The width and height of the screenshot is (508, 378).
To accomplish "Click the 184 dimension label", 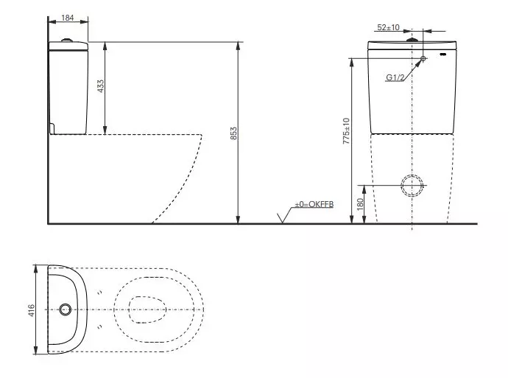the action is click(x=68, y=18).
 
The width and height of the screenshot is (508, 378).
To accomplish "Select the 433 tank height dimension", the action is click(x=101, y=86).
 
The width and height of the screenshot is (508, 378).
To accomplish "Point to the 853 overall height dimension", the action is click(x=233, y=133).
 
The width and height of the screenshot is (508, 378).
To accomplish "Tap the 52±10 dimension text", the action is click(x=389, y=27).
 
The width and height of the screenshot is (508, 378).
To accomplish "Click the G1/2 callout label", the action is click(x=395, y=77).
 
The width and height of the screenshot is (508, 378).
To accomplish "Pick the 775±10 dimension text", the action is click(x=346, y=131).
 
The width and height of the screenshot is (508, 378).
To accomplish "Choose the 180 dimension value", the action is click(x=360, y=204).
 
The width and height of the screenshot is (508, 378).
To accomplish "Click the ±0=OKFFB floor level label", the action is click(x=314, y=204).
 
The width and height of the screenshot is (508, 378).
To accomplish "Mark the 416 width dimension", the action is click(x=31, y=310).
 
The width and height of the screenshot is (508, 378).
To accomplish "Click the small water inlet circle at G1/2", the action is click(x=423, y=58).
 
